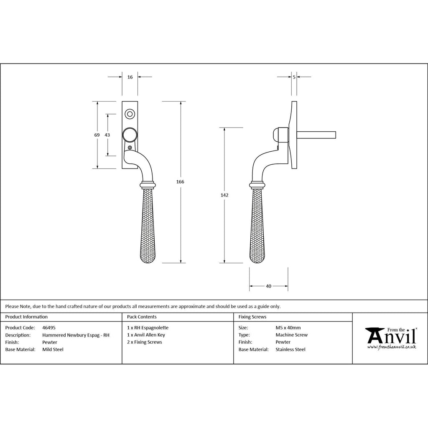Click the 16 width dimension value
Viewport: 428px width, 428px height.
(130, 77)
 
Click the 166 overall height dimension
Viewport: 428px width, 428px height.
(180, 182)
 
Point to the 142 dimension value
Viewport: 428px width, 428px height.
(224, 195)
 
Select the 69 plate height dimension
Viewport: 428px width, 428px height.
(97, 135)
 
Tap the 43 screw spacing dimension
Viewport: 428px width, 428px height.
(107, 135)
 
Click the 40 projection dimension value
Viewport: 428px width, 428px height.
(269, 286)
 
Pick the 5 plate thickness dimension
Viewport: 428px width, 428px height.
(294, 77)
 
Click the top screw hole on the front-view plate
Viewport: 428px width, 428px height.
(130, 114)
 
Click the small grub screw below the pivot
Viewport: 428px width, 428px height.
(130, 148)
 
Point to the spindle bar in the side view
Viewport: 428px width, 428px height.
(316, 135)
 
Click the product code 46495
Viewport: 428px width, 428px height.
(49, 328)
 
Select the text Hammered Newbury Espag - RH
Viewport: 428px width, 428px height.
(76, 335)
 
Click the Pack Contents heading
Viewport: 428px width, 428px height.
(142, 317)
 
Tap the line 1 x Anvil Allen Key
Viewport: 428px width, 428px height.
(146, 335)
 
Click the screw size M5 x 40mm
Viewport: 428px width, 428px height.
(288, 328)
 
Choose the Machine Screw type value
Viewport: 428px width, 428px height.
(291, 335)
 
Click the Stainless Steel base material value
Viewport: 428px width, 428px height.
(290, 349)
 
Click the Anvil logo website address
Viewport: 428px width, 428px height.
(391, 347)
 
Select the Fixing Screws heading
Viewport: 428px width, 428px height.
(252, 317)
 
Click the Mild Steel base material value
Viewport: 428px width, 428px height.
(53, 349)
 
